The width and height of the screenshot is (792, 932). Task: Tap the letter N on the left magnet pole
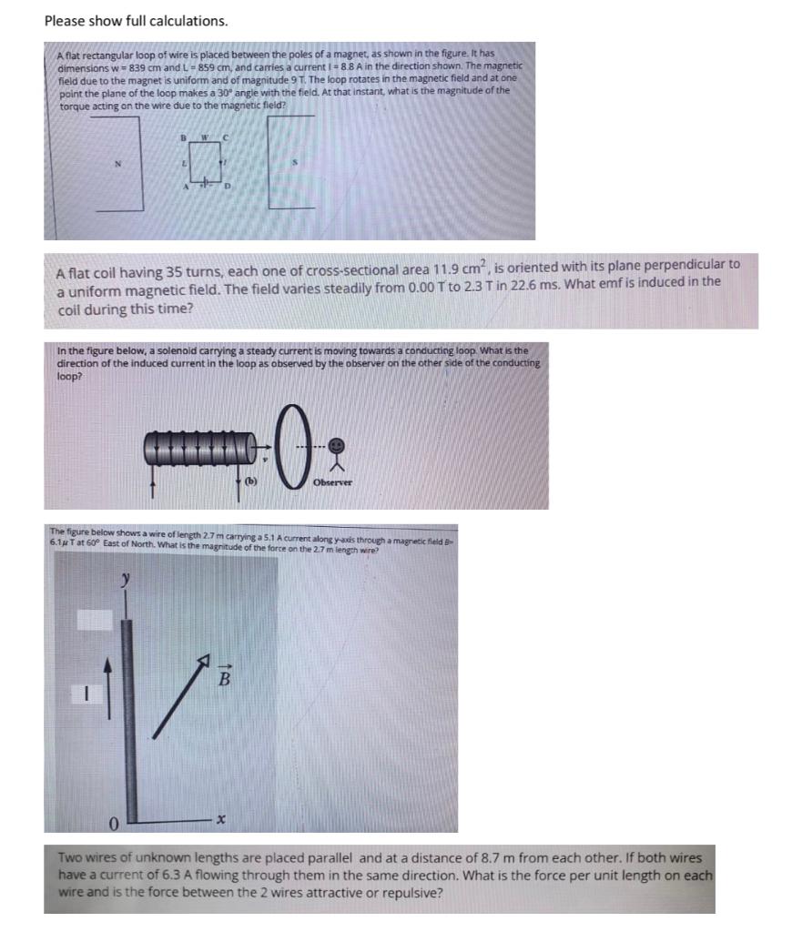click(x=117, y=165)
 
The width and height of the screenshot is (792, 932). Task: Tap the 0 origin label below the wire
click(x=115, y=825)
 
